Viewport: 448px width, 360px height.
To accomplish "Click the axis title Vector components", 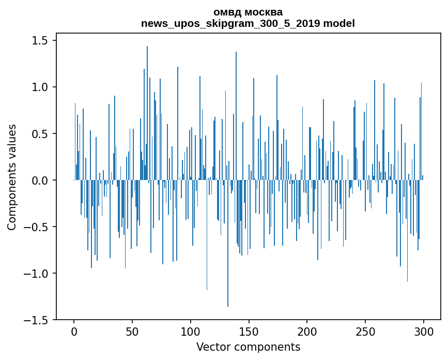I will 248,347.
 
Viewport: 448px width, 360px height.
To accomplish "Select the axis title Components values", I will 12,177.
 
